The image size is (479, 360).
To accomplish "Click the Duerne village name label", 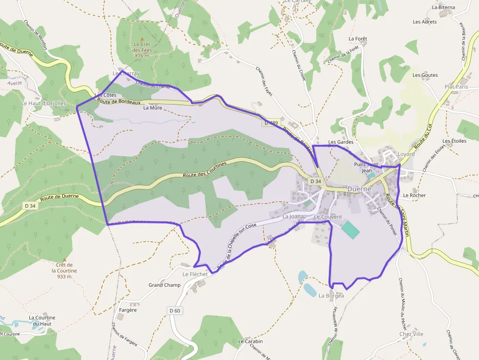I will tap(359, 189).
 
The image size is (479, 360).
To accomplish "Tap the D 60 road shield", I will tap(175, 310).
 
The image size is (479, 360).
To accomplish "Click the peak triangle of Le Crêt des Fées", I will tap(142, 39).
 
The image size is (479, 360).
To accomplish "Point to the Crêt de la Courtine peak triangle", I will tap(64, 259).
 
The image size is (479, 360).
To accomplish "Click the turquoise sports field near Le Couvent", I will tap(349, 229).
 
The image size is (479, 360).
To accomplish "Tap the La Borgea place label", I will tap(331, 296).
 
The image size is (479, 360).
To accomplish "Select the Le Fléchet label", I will tap(195, 274).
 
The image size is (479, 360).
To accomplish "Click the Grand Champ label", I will tap(164, 285).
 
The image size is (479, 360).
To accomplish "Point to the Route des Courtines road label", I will tap(205, 170).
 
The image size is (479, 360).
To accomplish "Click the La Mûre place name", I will tap(152, 108).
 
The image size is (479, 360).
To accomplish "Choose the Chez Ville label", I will tap(411, 334).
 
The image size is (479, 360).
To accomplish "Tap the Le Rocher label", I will tap(414, 195).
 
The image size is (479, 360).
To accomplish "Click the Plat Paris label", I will tap(456, 86).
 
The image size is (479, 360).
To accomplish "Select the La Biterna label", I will tap(443, 7).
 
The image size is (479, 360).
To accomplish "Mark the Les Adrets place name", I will tap(425, 22).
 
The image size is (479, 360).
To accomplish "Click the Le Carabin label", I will tap(250, 341).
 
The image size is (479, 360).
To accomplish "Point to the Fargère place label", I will tap(128, 310).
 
